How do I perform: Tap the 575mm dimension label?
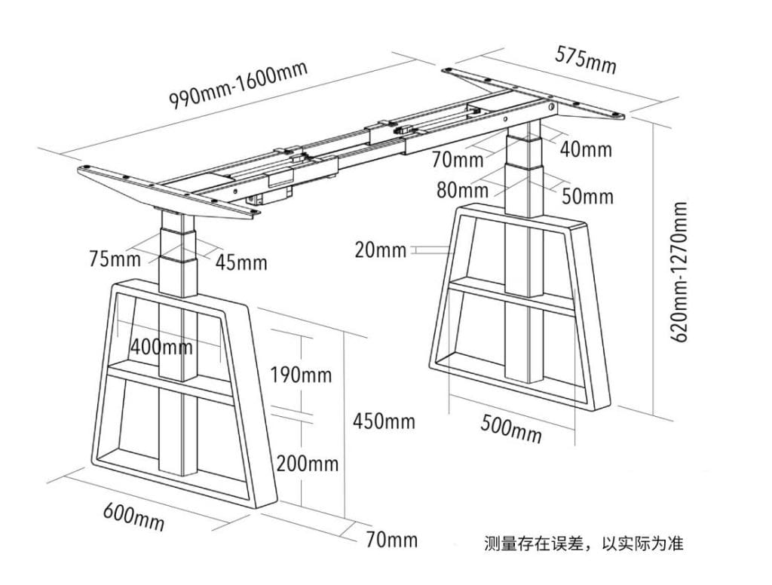pyautogui.click(x=586, y=60)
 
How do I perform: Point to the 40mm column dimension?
pyautogui.click(x=586, y=149)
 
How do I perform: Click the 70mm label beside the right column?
pyautogui.click(x=458, y=159)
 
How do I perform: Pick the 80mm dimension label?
pyautogui.click(x=461, y=189)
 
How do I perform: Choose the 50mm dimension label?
pyautogui.click(x=587, y=197)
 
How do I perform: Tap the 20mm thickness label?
pyautogui.click(x=381, y=250)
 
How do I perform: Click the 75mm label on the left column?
pyautogui.click(x=115, y=259)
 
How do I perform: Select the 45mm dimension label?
pyautogui.click(x=240, y=262)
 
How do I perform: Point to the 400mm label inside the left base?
pyautogui.click(x=161, y=347)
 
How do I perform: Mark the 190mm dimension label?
pyautogui.click(x=302, y=375)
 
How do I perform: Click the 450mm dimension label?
pyautogui.click(x=384, y=421)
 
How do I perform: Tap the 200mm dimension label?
pyautogui.click(x=307, y=464)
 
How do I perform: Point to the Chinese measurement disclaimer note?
pyautogui.click(x=584, y=543)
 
